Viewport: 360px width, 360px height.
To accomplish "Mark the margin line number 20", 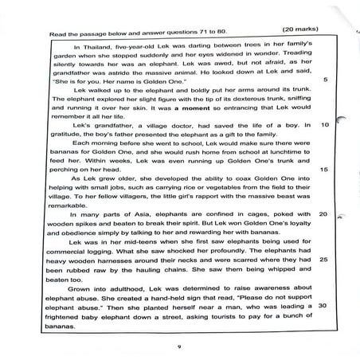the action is (x=323, y=214).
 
